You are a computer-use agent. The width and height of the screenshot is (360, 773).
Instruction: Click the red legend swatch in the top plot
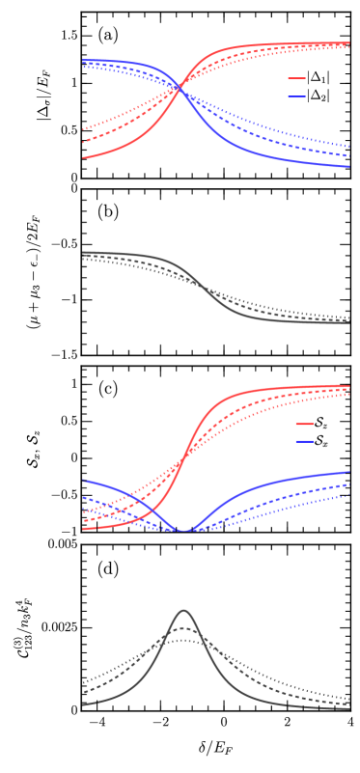(296, 79)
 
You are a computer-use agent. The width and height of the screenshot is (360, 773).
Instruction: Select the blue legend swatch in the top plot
(296, 97)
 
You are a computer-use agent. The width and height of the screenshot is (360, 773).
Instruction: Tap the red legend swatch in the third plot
(304, 425)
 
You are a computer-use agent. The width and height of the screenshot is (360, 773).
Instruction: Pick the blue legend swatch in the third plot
(304, 442)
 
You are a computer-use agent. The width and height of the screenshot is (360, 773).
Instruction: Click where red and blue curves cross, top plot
(180, 89)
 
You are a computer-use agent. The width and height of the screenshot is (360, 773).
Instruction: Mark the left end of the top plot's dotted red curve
(84, 128)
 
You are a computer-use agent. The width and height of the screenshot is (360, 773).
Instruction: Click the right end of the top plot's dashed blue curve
(348, 156)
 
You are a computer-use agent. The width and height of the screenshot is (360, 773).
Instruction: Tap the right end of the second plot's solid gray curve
(348, 322)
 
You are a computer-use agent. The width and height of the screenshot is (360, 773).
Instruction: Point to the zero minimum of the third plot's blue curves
(183, 531)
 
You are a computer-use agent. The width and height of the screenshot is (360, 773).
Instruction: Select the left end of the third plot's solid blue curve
(84, 480)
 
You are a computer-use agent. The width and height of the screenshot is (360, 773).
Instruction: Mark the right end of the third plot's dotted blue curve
(348, 495)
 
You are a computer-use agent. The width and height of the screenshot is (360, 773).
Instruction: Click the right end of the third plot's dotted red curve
(348, 394)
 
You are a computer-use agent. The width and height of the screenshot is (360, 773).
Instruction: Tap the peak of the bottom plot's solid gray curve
(183, 610)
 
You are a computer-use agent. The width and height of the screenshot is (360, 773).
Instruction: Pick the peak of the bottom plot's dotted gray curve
(183, 639)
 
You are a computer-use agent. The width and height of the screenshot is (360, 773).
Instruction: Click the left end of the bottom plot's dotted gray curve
(84, 682)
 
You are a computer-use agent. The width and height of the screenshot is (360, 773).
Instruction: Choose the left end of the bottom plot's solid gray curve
(84, 704)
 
